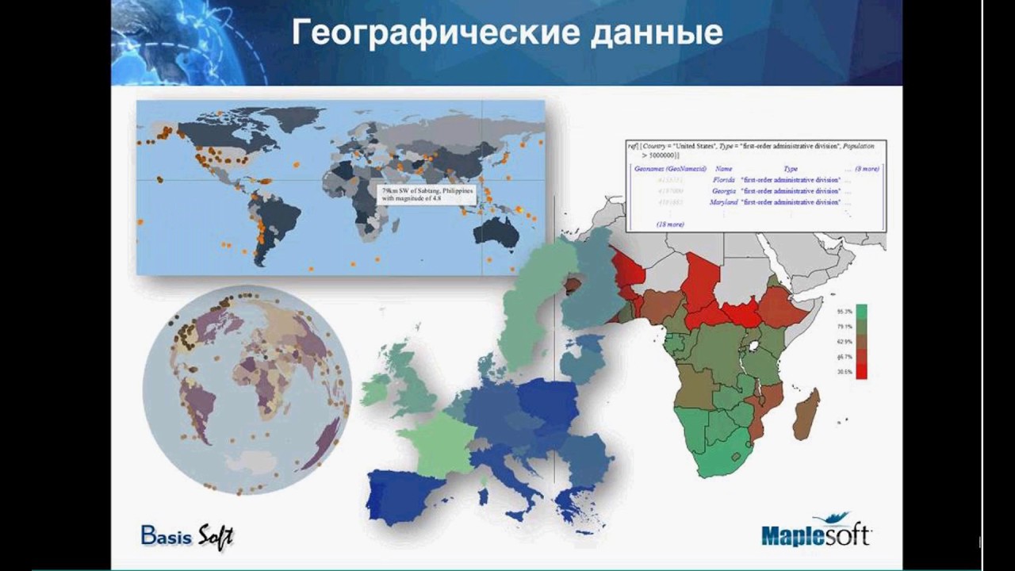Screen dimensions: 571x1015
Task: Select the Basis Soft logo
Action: click(x=187, y=535)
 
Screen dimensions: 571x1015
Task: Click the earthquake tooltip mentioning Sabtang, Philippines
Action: click(x=426, y=196)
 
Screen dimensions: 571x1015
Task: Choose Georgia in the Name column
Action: click(x=723, y=191)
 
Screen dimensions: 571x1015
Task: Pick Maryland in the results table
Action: click(x=722, y=202)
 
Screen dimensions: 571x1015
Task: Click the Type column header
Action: click(x=791, y=169)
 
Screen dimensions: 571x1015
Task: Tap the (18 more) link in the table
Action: click(x=670, y=224)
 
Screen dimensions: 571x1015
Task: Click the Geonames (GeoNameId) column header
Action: click(x=670, y=169)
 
